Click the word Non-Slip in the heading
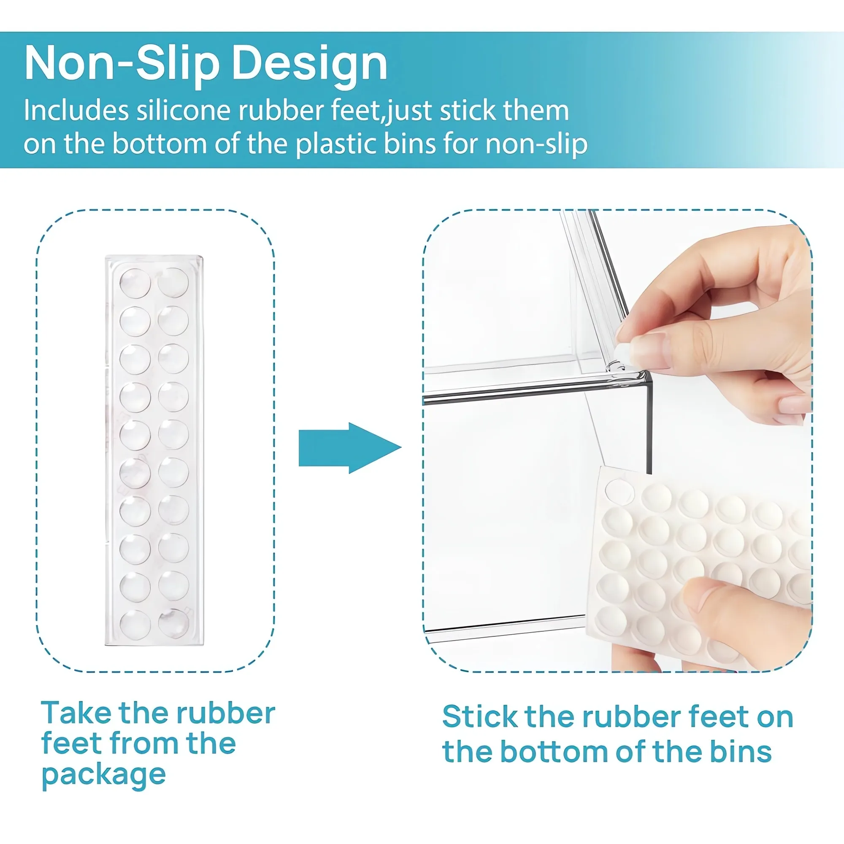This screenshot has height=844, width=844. coord(122,63)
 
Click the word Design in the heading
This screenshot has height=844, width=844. coord(309,63)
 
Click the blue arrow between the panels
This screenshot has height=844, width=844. coord(350,448)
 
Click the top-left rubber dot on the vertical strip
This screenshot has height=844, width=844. coord(135,284)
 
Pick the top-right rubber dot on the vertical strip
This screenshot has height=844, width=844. coord(173,283)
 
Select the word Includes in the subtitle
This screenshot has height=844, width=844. coord(76,110)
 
